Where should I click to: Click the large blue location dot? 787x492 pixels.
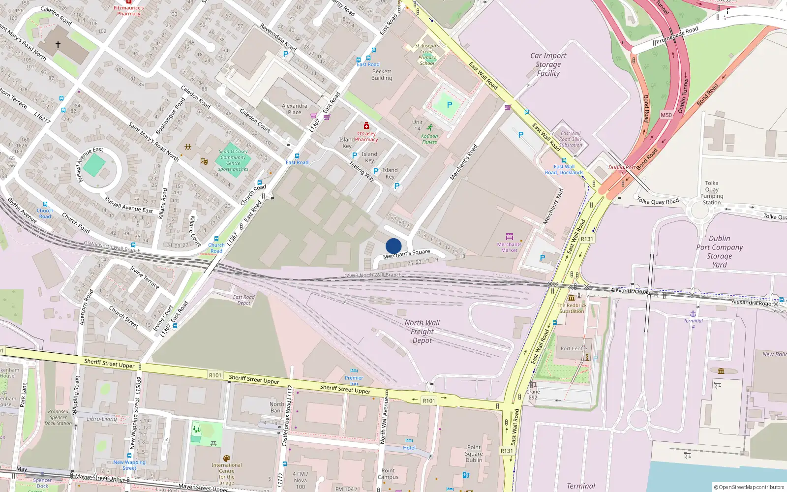click(393, 246)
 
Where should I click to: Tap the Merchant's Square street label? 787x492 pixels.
click(406, 254)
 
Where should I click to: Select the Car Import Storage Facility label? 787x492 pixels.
click(548, 64)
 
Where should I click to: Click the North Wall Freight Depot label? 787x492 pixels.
click(422, 332)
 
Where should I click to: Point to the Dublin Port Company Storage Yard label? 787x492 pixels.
click(719, 251)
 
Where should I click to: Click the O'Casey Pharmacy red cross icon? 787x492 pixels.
click(366, 126)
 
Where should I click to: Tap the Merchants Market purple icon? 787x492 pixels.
click(509, 237)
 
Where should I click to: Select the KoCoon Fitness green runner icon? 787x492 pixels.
click(430, 128)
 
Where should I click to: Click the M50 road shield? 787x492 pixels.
click(666, 115)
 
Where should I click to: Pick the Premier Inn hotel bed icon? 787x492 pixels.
click(354, 371)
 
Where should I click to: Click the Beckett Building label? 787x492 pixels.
click(382, 75)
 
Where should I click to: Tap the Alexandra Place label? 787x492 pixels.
click(294, 109)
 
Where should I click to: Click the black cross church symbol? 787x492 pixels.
click(58, 45)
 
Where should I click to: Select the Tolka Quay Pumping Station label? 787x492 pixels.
click(711, 192)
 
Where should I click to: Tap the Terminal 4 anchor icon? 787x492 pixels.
click(693, 313)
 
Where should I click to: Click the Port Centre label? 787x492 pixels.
click(574, 348)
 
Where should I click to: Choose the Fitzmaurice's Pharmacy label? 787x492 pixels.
click(129, 10)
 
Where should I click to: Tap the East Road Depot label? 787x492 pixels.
click(243, 300)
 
